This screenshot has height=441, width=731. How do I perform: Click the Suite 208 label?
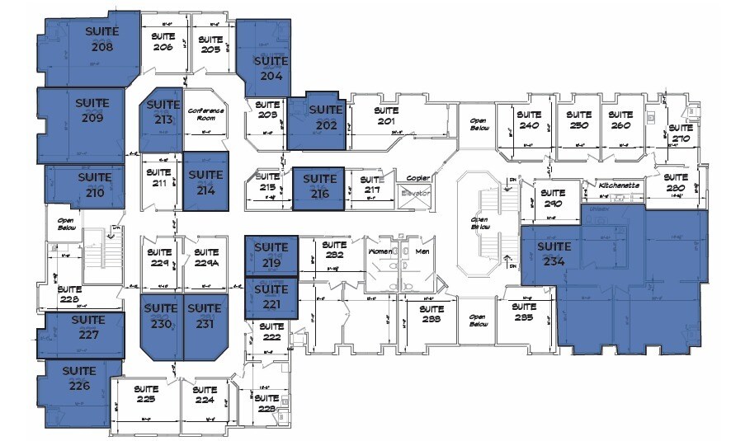(x=103, y=39)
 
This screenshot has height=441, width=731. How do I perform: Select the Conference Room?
(x=205, y=115)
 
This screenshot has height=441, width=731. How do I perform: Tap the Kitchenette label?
(x=620, y=186)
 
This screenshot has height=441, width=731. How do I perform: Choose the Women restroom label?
(x=380, y=251)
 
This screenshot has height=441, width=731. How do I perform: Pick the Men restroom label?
(x=423, y=251)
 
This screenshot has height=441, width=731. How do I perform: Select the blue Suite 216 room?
(x=318, y=189)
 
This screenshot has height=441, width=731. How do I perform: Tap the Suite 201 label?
(x=386, y=116)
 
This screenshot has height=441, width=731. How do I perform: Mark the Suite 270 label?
(x=680, y=133)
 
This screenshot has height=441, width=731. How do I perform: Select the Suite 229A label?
(x=205, y=258)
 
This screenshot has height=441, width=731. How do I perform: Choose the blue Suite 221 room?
(x=271, y=297)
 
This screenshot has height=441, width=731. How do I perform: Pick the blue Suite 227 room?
(x=83, y=328)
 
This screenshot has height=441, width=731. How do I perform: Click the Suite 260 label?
(x=620, y=120)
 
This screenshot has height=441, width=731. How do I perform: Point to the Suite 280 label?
(x=676, y=182)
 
